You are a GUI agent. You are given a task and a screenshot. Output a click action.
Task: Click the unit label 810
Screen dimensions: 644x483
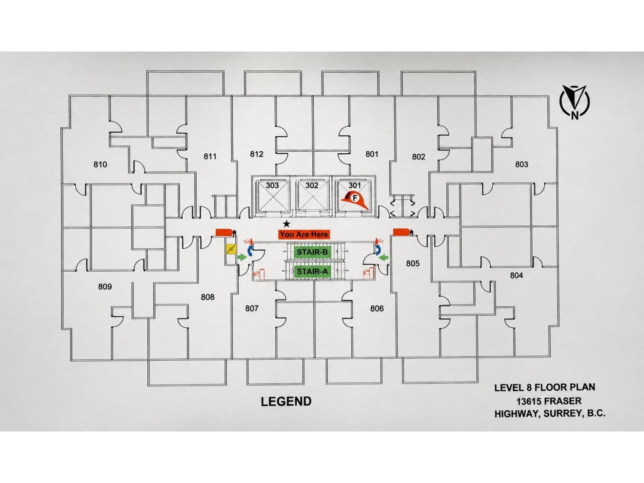coord(100,165)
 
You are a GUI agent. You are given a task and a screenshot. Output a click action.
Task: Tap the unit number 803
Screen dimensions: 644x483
coord(522,164)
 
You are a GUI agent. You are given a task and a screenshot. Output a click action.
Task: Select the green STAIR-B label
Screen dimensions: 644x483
coord(312,252)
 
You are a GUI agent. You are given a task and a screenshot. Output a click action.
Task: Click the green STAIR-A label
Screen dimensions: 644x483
coord(312,272)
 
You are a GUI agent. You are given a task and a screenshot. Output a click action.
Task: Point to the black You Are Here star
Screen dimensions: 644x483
coord(287,224)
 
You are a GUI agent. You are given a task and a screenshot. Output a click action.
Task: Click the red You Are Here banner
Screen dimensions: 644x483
coord(304,234)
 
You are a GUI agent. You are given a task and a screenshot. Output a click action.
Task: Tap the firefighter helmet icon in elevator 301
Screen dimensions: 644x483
coord(355,199)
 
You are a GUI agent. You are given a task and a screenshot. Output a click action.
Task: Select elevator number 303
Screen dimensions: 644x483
coord(272,185)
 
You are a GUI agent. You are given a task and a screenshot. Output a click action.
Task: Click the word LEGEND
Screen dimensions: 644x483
coord(286,401)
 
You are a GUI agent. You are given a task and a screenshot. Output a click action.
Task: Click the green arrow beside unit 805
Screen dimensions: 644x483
coord(384,258)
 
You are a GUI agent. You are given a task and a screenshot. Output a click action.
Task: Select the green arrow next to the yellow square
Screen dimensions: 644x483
coord(242,257)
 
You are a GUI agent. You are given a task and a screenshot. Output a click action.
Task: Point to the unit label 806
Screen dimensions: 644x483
coord(377,308)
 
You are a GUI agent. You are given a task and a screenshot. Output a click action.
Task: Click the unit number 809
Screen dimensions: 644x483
coord(105,287)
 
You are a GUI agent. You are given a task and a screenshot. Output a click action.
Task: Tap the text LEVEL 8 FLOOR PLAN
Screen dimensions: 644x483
coord(545,387)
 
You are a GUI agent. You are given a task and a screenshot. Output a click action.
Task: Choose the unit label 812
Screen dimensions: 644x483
coord(257,154)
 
